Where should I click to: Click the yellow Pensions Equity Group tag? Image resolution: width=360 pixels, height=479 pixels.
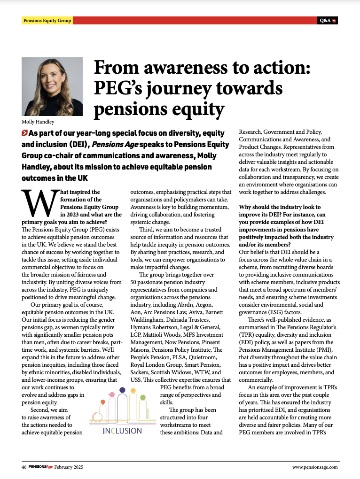tap(47, 21)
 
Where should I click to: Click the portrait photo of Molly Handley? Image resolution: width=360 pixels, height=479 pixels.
tap(52, 87)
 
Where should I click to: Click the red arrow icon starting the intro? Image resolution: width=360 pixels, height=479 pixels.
tap(24, 134)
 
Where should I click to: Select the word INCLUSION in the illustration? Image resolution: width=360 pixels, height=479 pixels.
tap(122, 430)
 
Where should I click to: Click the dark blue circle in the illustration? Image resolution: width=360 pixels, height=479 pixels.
tap(122, 390)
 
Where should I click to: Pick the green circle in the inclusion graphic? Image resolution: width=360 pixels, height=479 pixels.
tap(142, 397)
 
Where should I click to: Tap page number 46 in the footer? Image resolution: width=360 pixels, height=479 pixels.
tap(23, 467)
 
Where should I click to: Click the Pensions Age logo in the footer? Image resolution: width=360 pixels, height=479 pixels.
tap(40, 467)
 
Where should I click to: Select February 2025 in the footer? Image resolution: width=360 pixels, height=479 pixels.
tap(70, 467)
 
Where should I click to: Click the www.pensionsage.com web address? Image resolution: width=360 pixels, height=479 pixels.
tap(314, 467)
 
